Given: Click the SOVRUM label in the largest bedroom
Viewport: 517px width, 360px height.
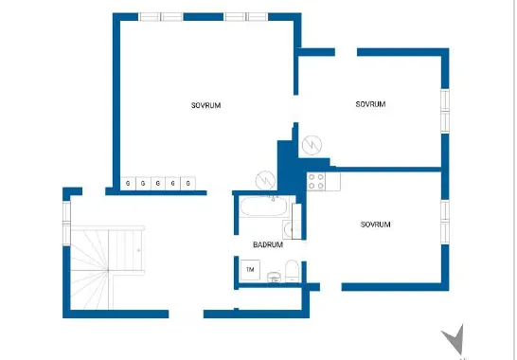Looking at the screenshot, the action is [x=205, y=105].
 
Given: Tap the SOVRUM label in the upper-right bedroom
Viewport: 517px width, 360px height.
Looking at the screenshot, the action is [x=370, y=104].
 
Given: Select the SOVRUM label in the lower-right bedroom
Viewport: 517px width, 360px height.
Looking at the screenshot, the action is [x=375, y=225].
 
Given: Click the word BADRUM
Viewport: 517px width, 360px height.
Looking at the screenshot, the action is [x=268, y=244].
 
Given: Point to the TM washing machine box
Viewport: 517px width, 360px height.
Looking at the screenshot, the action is [x=250, y=270].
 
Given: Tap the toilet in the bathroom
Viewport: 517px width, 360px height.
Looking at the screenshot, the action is [x=292, y=271].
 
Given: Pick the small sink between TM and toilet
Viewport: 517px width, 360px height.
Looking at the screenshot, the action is [x=274, y=278].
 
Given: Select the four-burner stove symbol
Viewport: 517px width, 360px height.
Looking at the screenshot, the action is [x=316, y=182].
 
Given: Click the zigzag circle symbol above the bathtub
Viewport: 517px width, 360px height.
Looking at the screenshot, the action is [x=265, y=180].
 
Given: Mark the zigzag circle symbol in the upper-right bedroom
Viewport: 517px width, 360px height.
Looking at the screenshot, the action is [x=312, y=145].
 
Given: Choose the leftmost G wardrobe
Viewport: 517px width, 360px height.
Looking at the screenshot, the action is [x=128, y=184].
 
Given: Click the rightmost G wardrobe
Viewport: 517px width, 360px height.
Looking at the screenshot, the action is [x=187, y=184].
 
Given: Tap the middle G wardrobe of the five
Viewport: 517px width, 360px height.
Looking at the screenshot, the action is [x=158, y=184].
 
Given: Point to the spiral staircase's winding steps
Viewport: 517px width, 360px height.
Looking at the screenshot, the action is [x=90, y=269].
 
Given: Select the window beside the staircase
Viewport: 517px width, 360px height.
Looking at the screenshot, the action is [x=66, y=224].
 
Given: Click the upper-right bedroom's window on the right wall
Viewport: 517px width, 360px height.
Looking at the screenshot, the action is [x=445, y=111].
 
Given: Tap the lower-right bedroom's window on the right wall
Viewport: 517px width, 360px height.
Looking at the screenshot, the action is [x=445, y=222].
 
